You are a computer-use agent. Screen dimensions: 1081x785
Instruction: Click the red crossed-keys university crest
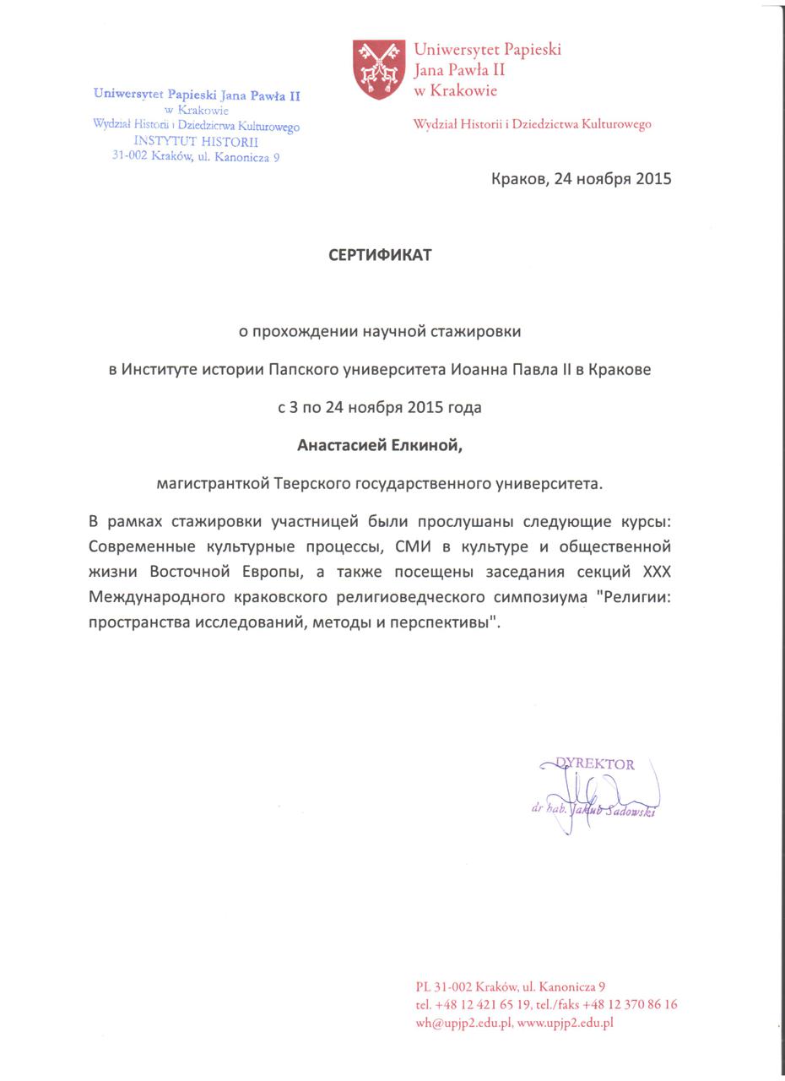tap(378, 68)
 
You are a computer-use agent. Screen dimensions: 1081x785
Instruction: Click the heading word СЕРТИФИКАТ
tap(380, 255)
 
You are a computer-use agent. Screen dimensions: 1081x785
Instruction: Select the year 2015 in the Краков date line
tap(653, 179)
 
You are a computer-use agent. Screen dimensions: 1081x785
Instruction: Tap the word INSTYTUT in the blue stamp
tap(165, 142)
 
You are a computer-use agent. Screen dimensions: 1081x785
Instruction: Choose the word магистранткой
tap(213, 484)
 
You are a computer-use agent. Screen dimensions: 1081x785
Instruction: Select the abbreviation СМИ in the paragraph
tap(414, 546)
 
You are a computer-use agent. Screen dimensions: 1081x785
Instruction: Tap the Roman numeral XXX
tap(657, 572)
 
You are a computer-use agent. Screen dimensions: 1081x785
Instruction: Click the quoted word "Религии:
tap(633, 598)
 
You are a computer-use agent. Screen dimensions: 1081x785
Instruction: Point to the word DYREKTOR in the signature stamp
tap(595, 764)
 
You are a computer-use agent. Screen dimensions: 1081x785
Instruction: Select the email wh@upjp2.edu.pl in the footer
tap(463, 1023)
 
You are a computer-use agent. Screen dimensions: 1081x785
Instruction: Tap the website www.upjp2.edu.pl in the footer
tap(565, 1023)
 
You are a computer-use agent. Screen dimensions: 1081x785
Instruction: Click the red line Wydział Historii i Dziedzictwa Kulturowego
tap(532, 124)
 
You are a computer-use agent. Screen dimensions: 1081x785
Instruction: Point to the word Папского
tap(302, 369)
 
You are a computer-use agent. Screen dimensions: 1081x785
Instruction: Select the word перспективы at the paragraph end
tap(442, 623)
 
